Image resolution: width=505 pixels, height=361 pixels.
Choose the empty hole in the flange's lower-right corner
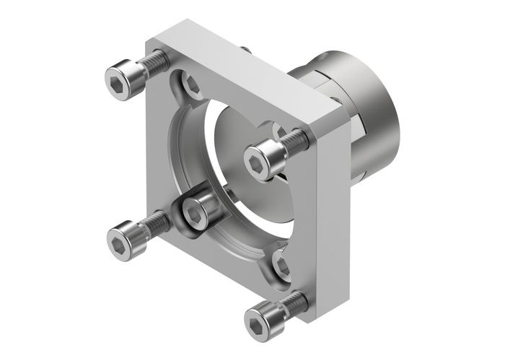[282, 266]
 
